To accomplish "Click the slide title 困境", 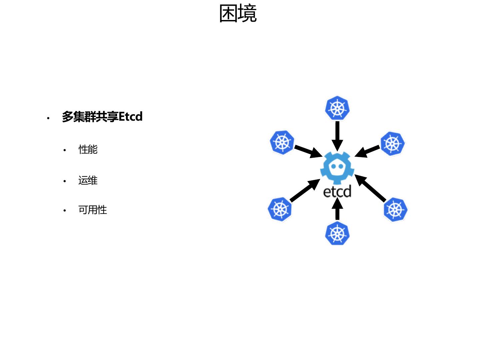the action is pos(238,14).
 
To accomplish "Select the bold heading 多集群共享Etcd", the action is pos(102,117).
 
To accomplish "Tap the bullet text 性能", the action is pos(88,149).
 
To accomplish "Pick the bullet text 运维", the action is pos(88,180).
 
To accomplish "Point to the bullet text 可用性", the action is pos(93,210).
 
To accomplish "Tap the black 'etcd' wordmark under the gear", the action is pos(337,192).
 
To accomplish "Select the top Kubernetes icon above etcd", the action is pos(337,108).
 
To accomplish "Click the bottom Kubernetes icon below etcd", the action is pos(337,233).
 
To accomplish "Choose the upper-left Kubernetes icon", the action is pos(282,143).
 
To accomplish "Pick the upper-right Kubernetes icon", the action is pos(393,144).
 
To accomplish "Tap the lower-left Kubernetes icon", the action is pos(280,209).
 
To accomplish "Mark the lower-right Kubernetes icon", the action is pos(395,210).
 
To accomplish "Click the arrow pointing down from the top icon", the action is pos(337,135).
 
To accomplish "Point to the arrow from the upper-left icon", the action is pos(308,151).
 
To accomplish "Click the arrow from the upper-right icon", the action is pos(367,151).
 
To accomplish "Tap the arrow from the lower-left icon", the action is pos(305,191).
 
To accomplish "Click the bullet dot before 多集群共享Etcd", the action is pos(48,118).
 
